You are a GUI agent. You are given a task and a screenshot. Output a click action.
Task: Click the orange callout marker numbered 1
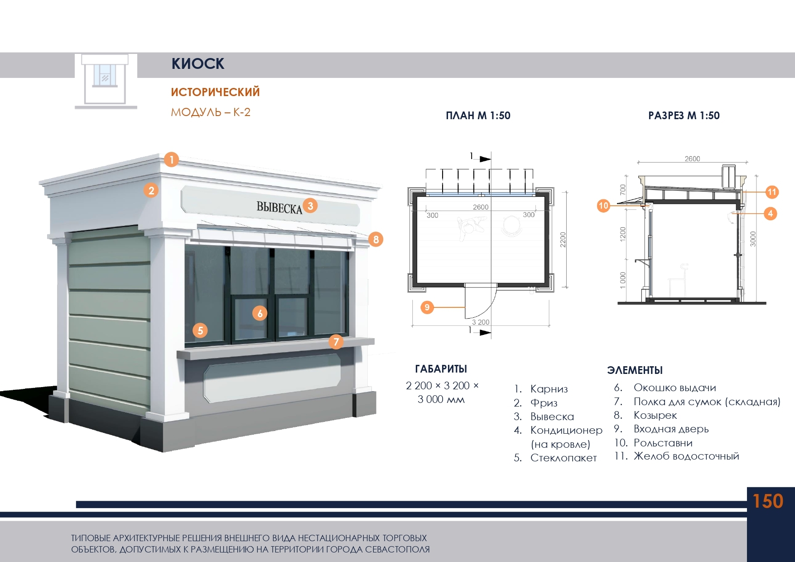click(x=171, y=160)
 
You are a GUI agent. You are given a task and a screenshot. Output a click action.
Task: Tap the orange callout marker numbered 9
click(x=427, y=307)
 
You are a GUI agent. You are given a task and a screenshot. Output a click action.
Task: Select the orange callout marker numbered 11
click(x=772, y=192)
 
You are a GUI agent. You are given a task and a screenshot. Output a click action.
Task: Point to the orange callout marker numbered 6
click(x=260, y=313)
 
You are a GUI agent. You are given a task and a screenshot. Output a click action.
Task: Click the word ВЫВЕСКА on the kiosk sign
click(x=279, y=207)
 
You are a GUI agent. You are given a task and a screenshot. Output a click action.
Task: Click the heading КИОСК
click(x=198, y=64)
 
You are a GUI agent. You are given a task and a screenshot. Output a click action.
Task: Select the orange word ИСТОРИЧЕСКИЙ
click(x=215, y=92)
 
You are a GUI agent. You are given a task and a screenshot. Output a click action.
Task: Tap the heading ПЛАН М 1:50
click(x=478, y=116)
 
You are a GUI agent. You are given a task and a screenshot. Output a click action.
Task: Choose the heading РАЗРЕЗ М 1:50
click(x=684, y=116)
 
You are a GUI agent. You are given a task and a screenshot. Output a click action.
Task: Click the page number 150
click(x=768, y=501)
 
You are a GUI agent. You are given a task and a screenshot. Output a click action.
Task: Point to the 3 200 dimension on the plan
click(x=481, y=322)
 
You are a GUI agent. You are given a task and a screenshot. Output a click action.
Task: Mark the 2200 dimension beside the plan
click(x=563, y=239)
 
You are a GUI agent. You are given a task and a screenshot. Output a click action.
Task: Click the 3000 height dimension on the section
click(x=753, y=239)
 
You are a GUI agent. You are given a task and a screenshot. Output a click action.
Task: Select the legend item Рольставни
click(x=663, y=443)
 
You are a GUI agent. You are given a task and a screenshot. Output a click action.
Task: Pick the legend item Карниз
click(x=549, y=389)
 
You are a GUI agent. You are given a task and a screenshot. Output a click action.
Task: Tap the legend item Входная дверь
click(x=671, y=429)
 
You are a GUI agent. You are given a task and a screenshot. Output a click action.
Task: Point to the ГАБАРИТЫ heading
click(x=441, y=369)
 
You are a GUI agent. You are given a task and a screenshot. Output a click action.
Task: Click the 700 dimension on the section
click(x=623, y=189)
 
